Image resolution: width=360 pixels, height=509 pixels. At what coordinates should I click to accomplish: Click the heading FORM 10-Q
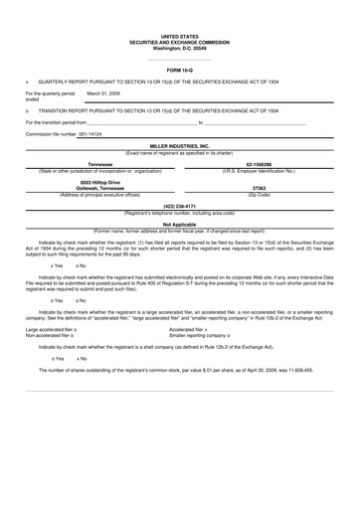click(x=180, y=72)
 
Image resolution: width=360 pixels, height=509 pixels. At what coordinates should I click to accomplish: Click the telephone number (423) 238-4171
click(x=180, y=206)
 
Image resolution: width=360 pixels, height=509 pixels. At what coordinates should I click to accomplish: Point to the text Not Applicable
click(x=180, y=225)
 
